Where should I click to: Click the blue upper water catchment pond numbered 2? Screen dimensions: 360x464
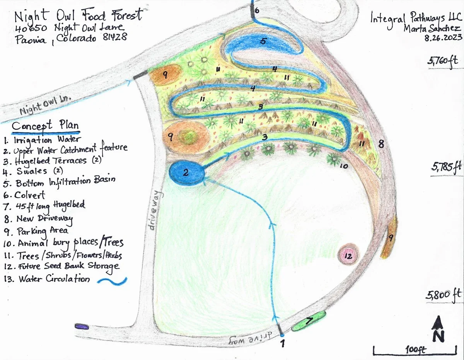[x=187, y=172]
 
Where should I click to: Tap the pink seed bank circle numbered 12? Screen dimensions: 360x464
[x=348, y=255]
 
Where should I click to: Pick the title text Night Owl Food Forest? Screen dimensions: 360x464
[x=78, y=16]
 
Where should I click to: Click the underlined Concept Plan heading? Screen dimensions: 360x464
[x=45, y=126]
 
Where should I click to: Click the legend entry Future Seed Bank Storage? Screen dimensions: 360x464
[x=68, y=266]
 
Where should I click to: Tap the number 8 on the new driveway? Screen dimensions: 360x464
[x=381, y=145]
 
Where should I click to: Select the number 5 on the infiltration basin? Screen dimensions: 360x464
[x=263, y=41]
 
